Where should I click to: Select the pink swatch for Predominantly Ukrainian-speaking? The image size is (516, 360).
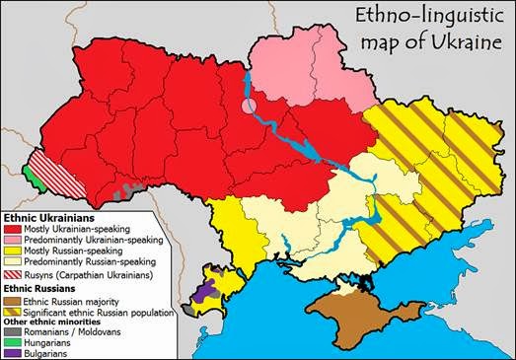pyautogui.click(x=15, y=240)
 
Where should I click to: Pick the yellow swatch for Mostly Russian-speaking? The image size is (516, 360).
pyautogui.click(x=15, y=251)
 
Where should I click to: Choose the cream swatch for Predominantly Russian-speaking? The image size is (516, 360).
pyautogui.click(x=15, y=261)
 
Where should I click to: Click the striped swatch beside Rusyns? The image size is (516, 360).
pyautogui.click(x=15, y=274)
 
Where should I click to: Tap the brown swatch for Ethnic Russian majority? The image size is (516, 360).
pyautogui.click(x=15, y=301)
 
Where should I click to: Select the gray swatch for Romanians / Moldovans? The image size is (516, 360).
pyautogui.click(x=15, y=331)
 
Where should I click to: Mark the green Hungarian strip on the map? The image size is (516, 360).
pyautogui.click(x=34, y=183)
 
